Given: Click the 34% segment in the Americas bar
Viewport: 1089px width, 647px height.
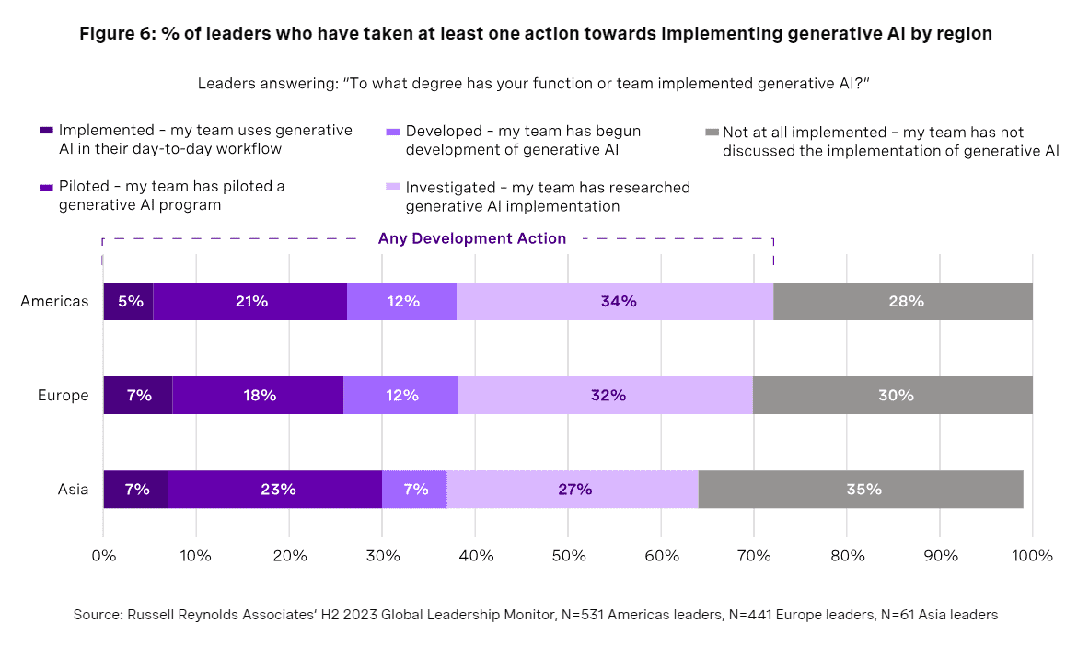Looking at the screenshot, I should tap(615, 301).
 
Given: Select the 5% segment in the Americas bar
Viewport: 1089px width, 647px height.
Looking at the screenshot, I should tap(128, 301).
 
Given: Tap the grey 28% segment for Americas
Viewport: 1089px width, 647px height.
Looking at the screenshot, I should tap(903, 301).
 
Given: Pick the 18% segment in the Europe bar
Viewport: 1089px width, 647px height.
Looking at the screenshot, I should tap(258, 395).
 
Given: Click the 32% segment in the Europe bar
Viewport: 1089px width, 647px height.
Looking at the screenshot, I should tap(605, 395).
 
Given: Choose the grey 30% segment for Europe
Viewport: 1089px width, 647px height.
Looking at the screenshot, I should tap(893, 395).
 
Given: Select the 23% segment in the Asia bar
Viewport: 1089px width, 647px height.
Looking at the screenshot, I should tap(275, 489).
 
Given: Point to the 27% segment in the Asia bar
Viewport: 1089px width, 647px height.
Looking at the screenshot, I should tap(573, 489).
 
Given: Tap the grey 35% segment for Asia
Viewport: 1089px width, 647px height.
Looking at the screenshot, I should tap(861, 489).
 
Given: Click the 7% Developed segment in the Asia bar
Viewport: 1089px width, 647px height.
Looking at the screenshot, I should tap(414, 489).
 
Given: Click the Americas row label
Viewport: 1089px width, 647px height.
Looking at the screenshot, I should tap(54, 301).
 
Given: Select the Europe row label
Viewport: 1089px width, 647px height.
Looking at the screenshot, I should tap(63, 395).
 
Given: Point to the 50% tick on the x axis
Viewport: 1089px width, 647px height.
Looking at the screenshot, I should tap(568, 556).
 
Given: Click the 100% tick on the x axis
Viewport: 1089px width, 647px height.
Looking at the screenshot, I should tap(1032, 556).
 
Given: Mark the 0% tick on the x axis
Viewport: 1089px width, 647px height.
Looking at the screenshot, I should tap(103, 556).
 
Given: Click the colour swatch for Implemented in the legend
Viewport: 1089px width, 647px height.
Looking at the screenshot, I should tap(46, 131).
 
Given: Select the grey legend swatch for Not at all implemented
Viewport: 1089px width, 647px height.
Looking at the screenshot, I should tap(711, 133).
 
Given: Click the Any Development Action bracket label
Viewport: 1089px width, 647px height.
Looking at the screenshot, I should tap(471, 238).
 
